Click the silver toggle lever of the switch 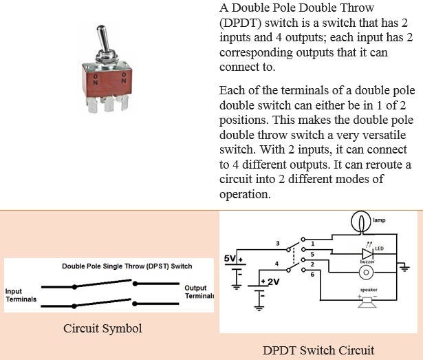[x=102, y=39]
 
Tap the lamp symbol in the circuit [x=361, y=222]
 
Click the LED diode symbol [x=367, y=254]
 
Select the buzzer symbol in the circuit [x=366, y=272]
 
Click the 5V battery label [x=230, y=258]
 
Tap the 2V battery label [x=273, y=282]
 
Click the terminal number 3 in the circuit [x=278, y=244]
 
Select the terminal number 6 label [x=312, y=275]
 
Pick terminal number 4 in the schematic [x=276, y=264]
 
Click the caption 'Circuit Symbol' [x=102, y=328]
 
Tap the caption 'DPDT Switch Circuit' [x=318, y=350]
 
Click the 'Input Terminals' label [x=21, y=295]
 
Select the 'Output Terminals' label [x=199, y=292]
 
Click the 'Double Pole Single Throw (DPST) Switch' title [x=127, y=266]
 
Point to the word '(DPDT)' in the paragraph [x=240, y=23]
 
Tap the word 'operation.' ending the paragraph [x=245, y=194]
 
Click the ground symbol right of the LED [x=404, y=268]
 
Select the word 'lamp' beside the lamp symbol [x=379, y=220]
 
